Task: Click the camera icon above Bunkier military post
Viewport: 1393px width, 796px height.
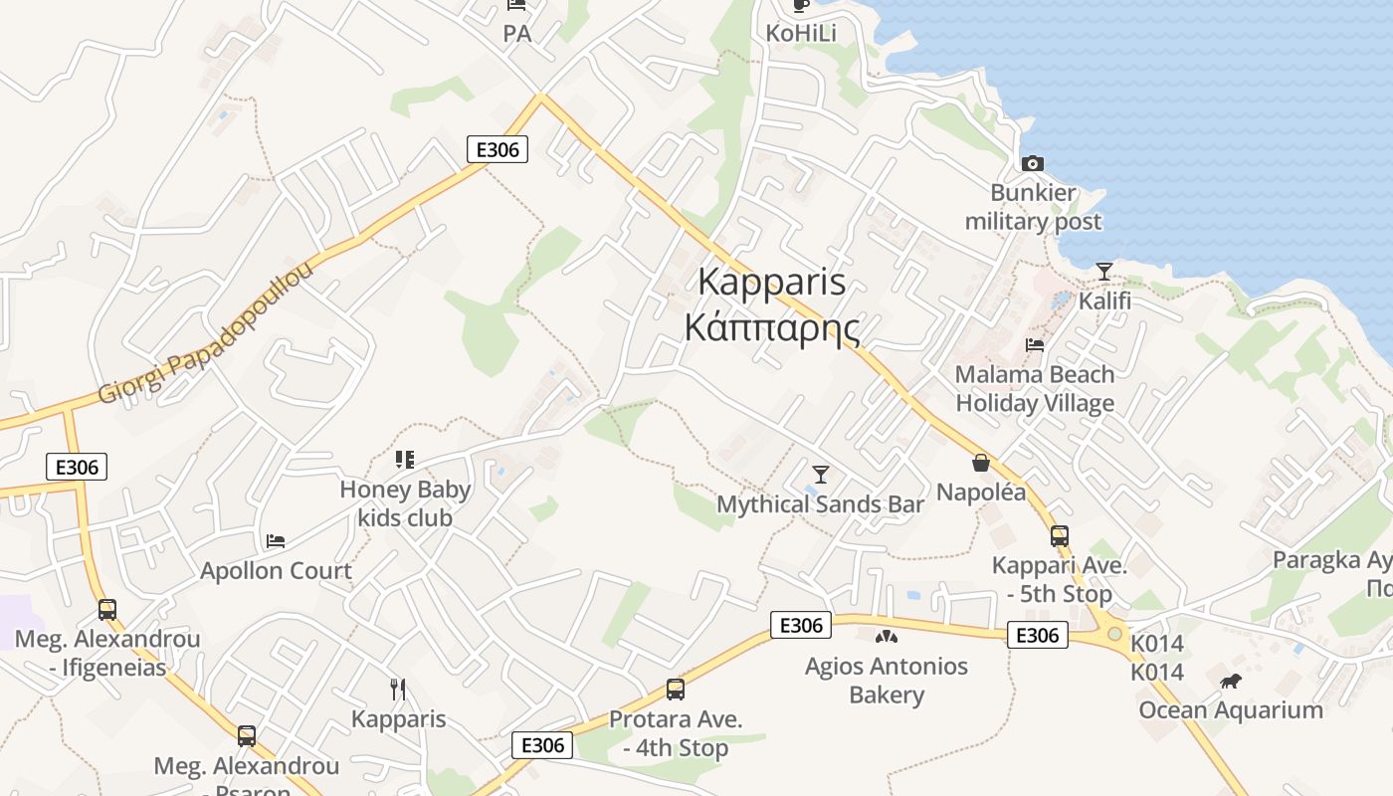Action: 1033,163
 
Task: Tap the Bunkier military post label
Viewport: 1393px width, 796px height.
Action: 1034,207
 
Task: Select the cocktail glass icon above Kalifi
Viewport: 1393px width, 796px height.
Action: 1104,271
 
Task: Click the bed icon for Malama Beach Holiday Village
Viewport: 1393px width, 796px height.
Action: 1035,345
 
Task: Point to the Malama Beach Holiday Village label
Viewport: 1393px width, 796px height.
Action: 1035,389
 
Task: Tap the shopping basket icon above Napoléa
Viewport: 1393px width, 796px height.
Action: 981,463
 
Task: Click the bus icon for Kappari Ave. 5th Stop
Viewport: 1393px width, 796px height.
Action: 1059,536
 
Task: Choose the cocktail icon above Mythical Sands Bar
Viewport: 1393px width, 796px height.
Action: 821,474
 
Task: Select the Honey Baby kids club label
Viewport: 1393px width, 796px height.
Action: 405,503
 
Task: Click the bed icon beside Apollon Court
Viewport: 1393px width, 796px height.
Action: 276,541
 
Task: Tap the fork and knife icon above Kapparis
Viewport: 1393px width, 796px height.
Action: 398,689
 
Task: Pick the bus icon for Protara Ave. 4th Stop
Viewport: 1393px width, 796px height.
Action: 676,689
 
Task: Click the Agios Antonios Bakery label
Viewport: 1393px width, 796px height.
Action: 887,681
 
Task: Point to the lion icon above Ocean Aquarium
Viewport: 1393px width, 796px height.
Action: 1231,681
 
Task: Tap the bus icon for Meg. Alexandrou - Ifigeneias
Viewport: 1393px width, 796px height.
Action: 107,609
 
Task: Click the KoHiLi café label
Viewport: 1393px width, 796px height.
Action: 801,33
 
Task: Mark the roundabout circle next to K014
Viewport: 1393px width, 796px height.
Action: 1114,633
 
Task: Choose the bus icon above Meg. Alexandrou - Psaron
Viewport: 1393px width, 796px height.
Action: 246,736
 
